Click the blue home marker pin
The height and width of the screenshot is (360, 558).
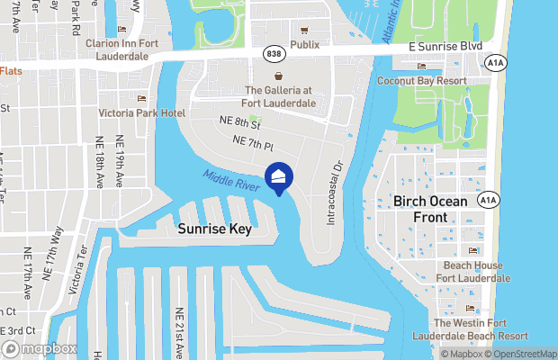coord(279,178)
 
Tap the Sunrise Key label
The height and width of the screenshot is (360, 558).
coord(214,229)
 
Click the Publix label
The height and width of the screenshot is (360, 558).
coord(305,44)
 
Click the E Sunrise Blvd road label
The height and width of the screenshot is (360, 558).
coord(445,46)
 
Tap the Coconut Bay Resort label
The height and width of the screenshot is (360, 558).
coord(422,81)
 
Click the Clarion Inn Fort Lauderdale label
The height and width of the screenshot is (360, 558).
coord(129,49)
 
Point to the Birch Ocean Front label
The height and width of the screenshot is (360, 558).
coord(428,209)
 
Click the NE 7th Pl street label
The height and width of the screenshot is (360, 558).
coord(253,143)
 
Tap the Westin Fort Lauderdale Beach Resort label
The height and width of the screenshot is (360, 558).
coord(470,328)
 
